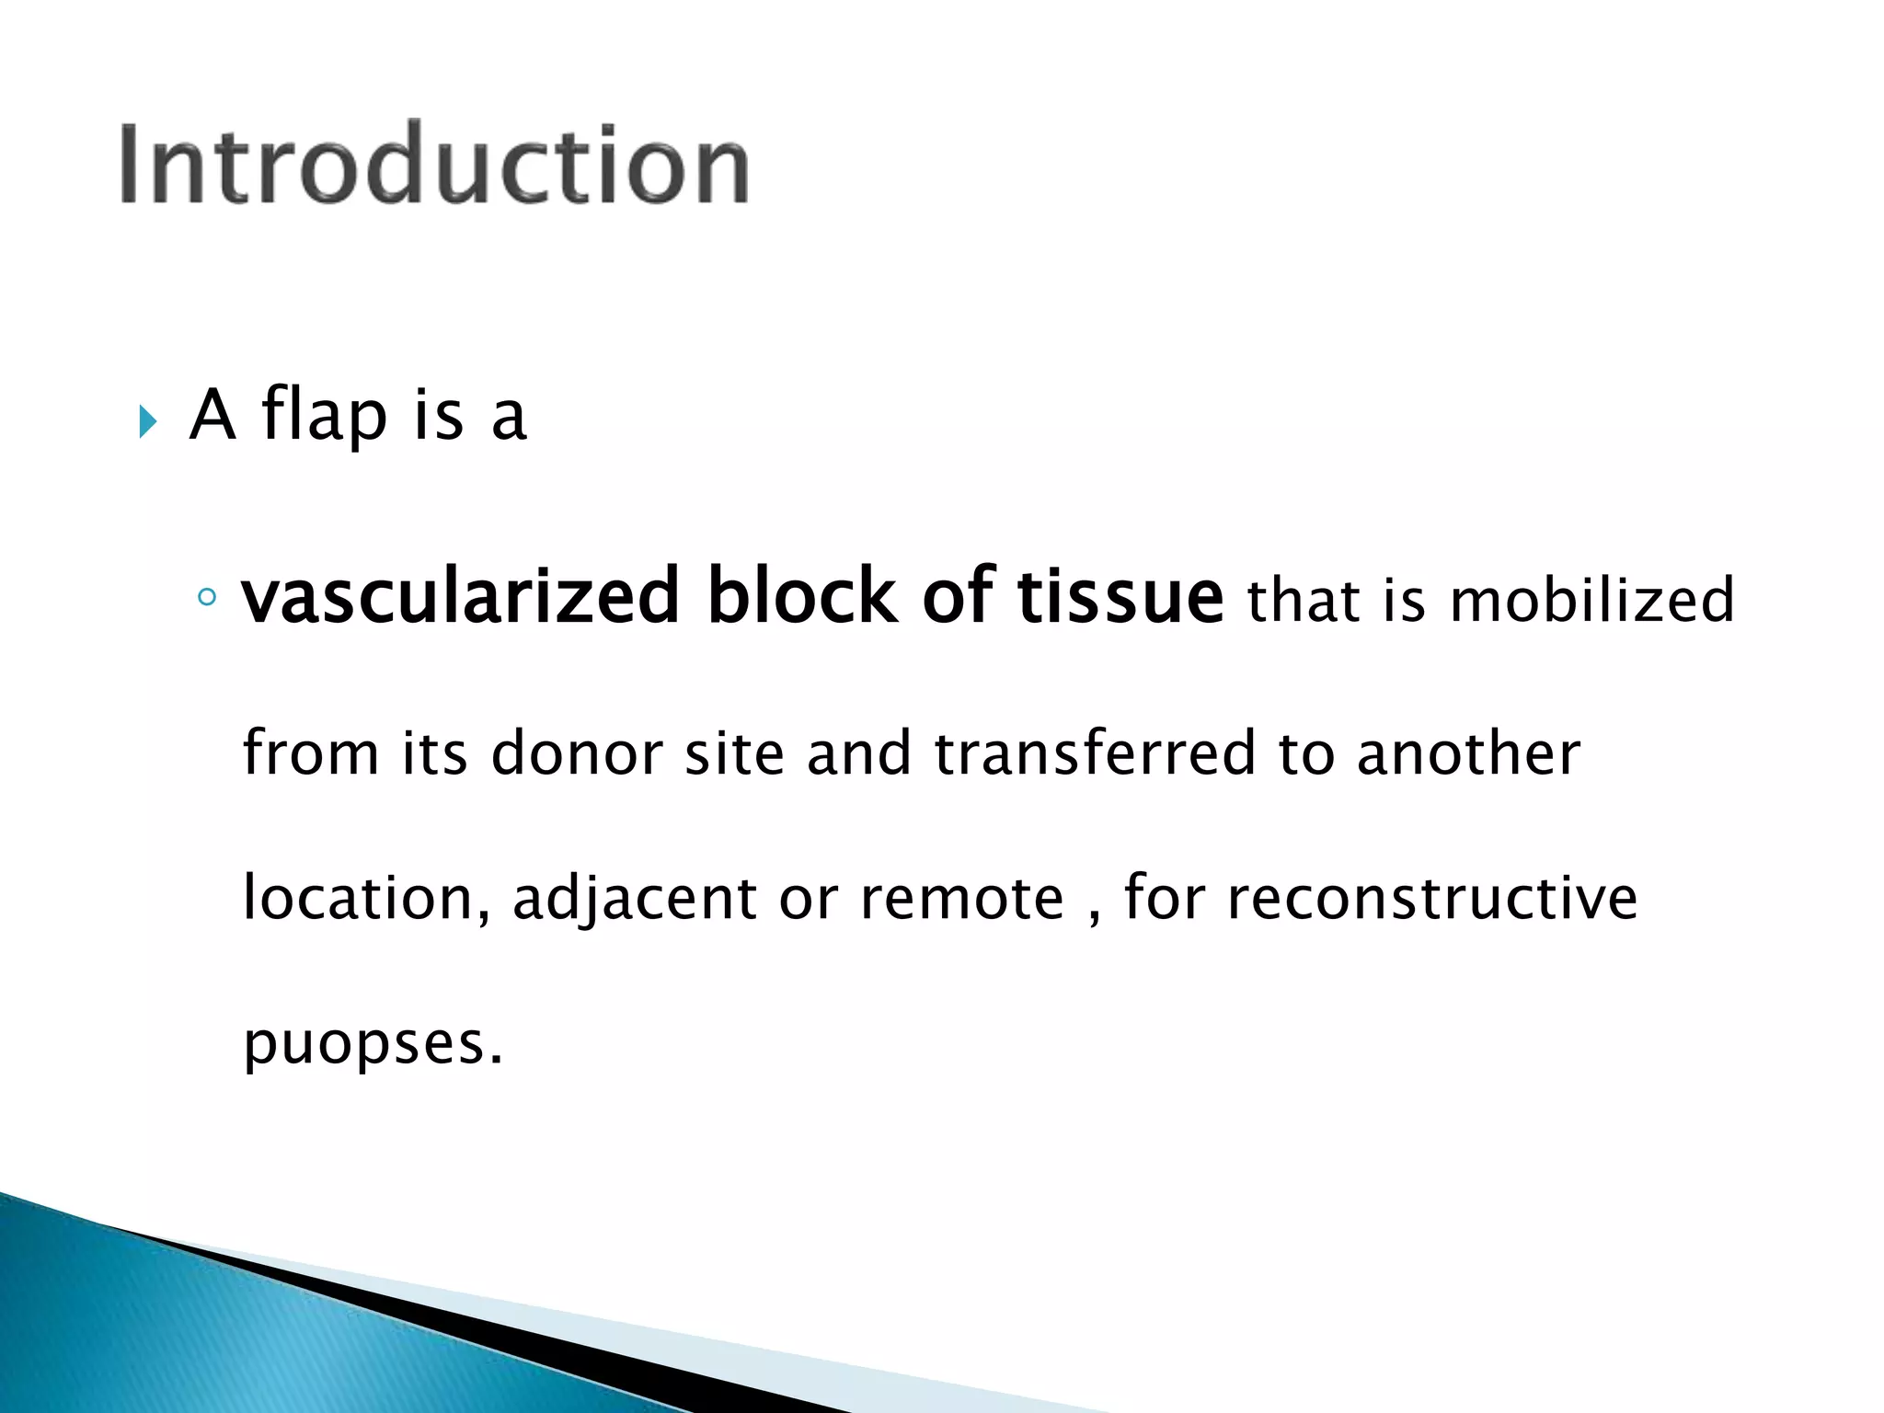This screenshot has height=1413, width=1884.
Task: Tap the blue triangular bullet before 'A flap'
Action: [147, 422]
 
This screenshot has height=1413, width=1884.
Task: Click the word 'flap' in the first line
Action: [324, 416]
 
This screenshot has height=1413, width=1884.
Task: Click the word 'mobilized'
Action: [1591, 601]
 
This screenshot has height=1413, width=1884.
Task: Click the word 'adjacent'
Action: [634, 900]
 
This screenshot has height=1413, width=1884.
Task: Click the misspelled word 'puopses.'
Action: [373, 1045]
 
